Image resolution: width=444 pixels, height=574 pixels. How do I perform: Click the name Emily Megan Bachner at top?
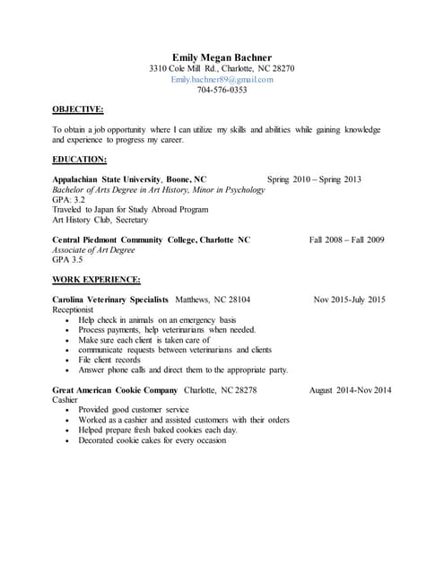coord(222,57)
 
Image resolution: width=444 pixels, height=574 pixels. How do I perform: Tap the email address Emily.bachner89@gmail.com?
coord(222,79)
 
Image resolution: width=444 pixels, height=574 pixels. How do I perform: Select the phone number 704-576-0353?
coord(222,90)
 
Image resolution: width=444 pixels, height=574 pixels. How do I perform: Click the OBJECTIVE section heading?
coord(78,109)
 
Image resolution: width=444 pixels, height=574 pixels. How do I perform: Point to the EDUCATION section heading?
coord(80,159)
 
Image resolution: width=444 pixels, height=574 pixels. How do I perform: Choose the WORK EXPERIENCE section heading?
coord(96,279)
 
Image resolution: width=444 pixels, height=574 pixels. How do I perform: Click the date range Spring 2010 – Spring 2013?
coord(314,179)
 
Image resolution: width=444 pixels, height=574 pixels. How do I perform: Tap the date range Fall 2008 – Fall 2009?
coord(346,239)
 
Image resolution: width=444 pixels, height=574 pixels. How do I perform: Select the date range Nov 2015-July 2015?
coord(349,300)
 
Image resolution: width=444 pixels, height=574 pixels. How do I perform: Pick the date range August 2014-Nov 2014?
coord(350,390)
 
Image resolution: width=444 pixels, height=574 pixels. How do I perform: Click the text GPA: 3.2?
coord(69,200)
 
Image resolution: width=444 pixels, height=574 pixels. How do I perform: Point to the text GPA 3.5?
coord(67,259)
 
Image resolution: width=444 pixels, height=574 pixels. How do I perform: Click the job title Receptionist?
coord(73,309)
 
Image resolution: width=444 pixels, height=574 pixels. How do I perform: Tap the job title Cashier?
coord(65,400)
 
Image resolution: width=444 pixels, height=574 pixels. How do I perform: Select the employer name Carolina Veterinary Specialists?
coord(110,300)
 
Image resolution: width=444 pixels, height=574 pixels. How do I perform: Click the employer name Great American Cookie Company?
coord(115,390)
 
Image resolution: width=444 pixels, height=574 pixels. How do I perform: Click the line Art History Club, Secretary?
coord(100,220)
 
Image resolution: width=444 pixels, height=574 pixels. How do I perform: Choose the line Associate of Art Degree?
coord(94,249)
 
